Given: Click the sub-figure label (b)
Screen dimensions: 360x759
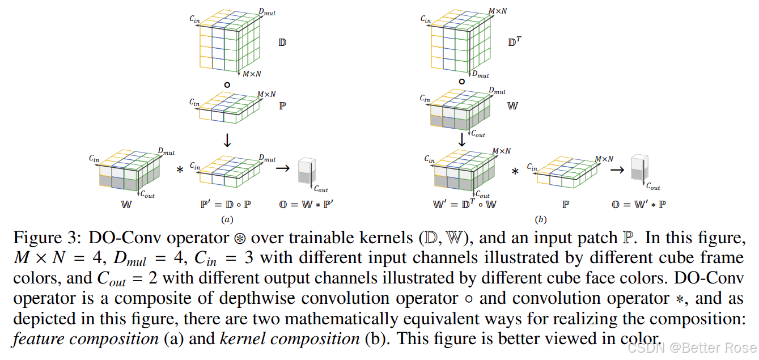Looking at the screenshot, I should (x=540, y=219).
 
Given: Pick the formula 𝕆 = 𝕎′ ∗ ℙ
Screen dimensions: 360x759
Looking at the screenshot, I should (x=638, y=204).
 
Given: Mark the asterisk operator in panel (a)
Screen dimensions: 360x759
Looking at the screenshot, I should (x=180, y=170).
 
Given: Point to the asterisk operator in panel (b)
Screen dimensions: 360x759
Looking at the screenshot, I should (x=515, y=171).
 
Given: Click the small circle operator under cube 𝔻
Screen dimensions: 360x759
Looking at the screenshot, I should (x=227, y=85).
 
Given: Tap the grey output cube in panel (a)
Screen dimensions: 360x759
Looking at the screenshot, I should (x=307, y=171).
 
